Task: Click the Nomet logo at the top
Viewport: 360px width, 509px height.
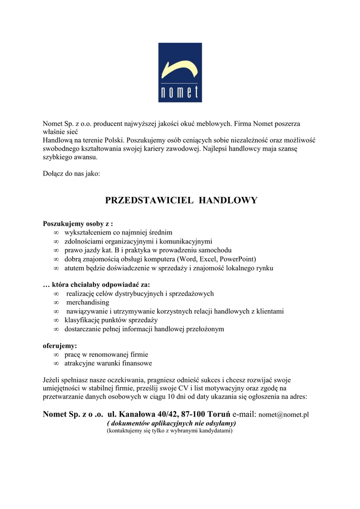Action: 180,73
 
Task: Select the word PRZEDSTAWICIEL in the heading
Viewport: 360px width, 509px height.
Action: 149,201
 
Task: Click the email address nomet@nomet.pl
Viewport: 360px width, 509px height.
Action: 284,414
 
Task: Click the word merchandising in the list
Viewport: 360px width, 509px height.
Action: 88,302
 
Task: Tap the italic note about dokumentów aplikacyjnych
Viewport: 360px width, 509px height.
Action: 172,423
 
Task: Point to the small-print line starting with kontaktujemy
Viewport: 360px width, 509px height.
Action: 170,431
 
